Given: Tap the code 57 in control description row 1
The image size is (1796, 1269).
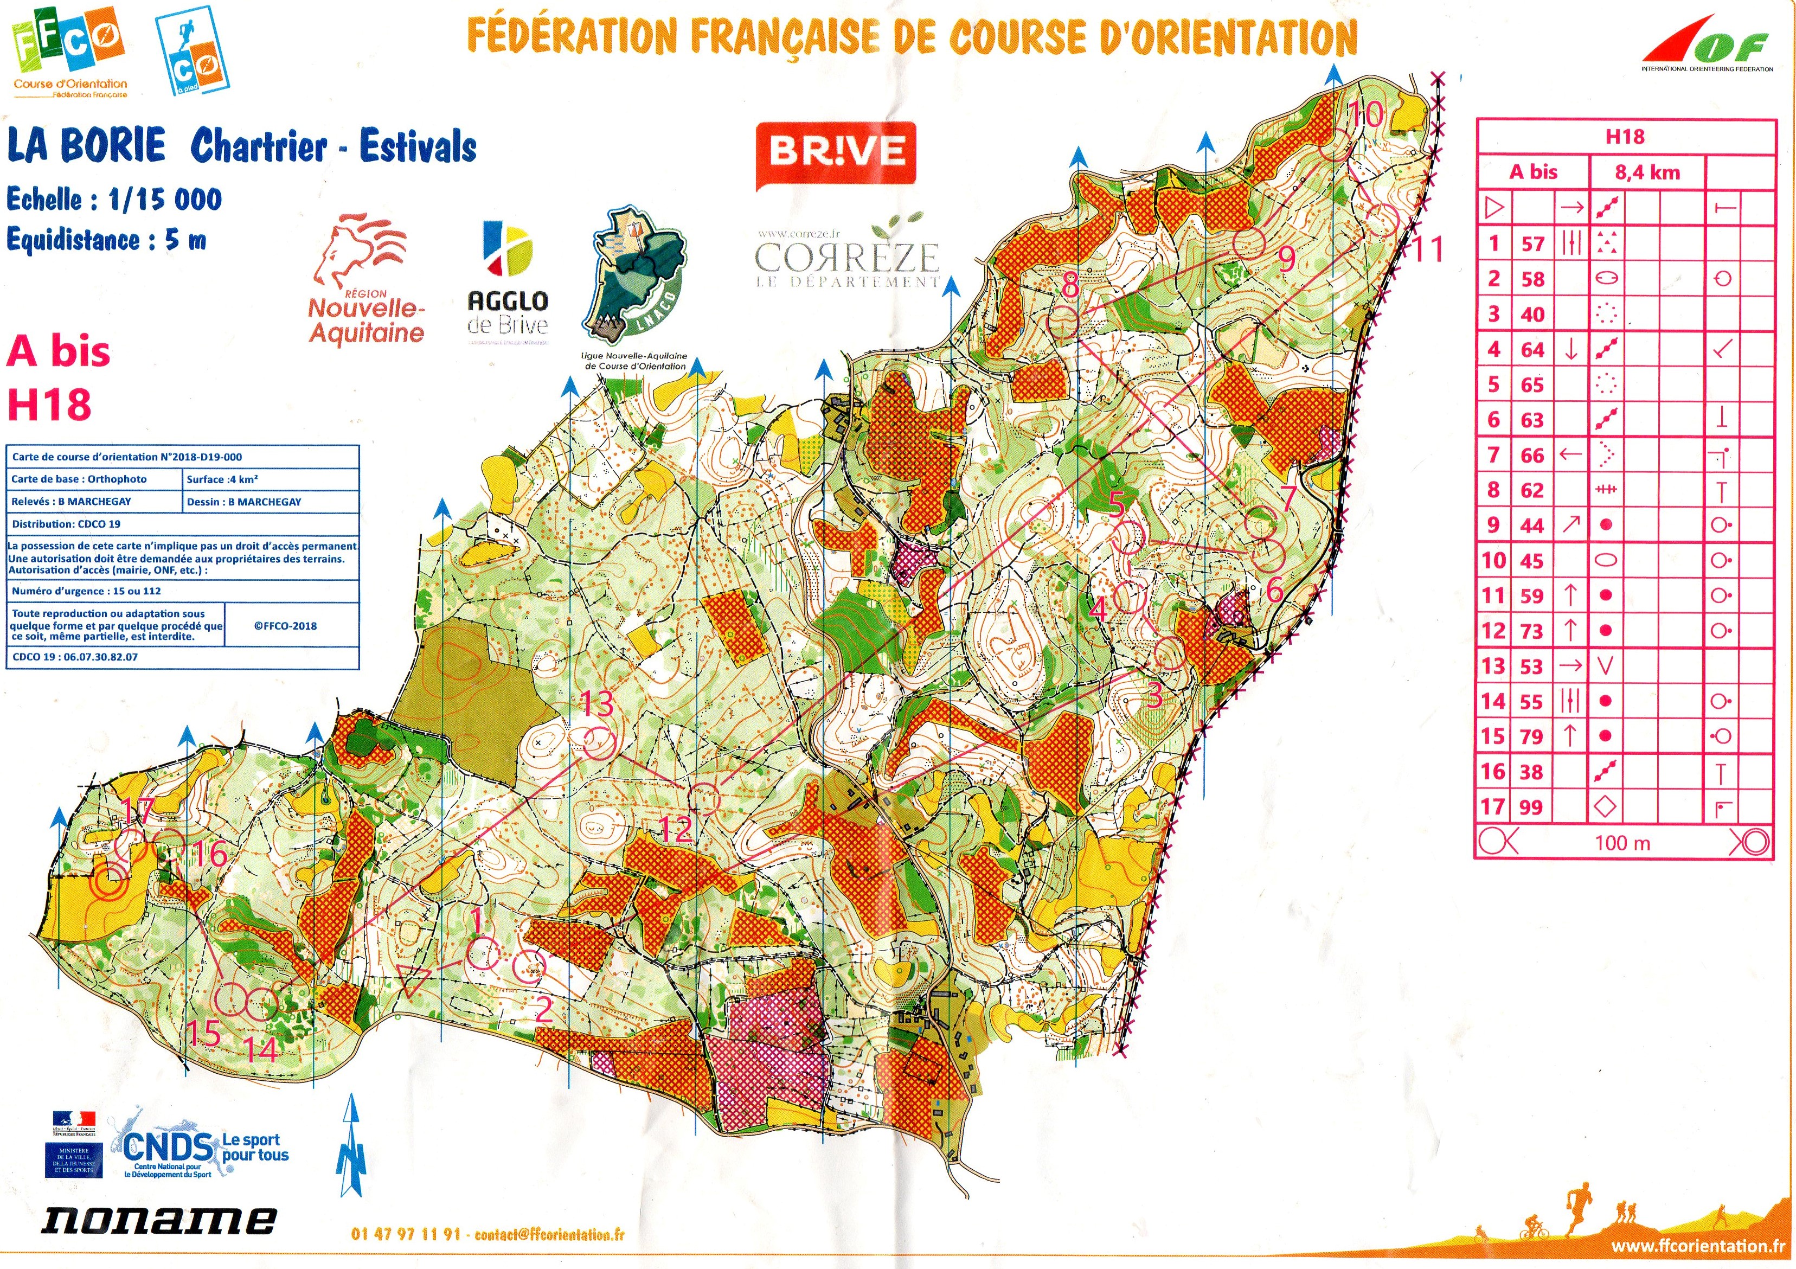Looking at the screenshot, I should (1532, 244).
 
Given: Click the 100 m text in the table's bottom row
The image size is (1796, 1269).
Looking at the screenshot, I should (1622, 843).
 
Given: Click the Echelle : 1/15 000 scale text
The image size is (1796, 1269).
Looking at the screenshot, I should (114, 200).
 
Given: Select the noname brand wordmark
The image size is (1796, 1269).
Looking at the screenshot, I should (159, 1220).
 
